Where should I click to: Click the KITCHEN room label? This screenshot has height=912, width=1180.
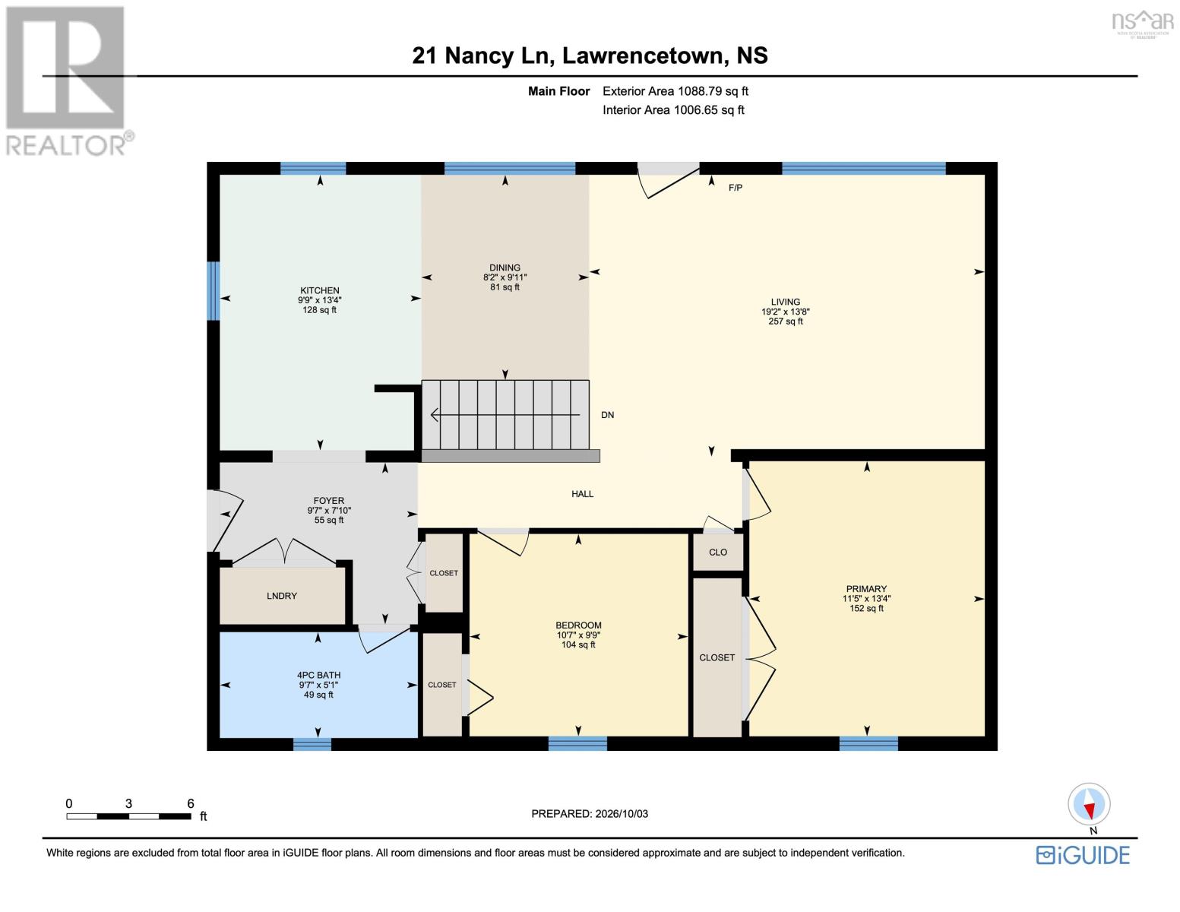[x=319, y=290]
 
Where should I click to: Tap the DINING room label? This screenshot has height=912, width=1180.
[x=505, y=268]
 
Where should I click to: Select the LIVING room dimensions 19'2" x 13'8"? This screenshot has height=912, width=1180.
[x=785, y=312]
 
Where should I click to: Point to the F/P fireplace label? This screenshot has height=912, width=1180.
[x=736, y=188]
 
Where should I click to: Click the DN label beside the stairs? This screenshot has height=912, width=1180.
[x=607, y=415]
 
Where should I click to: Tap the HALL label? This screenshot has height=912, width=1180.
[x=582, y=494]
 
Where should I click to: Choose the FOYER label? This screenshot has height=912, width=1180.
[x=328, y=501]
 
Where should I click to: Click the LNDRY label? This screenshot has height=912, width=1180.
[x=282, y=596]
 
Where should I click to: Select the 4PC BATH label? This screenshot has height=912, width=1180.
[x=319, y=675]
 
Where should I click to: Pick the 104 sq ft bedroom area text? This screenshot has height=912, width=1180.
[x=578, y=644]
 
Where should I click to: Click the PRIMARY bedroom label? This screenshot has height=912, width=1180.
[x=866, y=589]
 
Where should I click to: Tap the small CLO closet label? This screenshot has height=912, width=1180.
[x=718, y=553]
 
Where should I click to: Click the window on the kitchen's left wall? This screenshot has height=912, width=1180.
[x=214, y=291]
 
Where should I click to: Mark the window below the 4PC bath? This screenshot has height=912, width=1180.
[x=312, y=744]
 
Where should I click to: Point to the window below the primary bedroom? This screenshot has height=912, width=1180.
[x=868, y=743]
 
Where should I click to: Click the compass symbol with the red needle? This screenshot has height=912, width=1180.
[x=1089, y=804]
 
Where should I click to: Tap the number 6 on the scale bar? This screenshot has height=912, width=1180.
[x=191, y=803]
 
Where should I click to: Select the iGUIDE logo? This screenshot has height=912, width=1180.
[x=1083, y=856]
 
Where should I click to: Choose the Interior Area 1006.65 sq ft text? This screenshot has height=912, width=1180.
[x=673, y=110]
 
